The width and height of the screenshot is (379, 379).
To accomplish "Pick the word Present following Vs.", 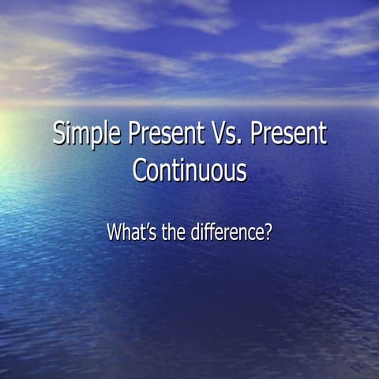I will pyautogui.click(x=288, y=134).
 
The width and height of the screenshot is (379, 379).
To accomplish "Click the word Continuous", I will pyautogui.click(x=189, y=170).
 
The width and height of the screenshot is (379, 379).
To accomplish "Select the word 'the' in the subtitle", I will pyautogui.click(x=174, y=233).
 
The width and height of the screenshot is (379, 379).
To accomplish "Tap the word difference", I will pyautogui.click(x=228, y=233).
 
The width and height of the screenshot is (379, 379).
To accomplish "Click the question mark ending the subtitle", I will pyautogui.click(x=268, y=233).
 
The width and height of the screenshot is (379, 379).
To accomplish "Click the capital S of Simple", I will pyautogui.click(x=59, y=134).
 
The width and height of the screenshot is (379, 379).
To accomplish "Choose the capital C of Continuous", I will pyautogui.click(x=140, y=170).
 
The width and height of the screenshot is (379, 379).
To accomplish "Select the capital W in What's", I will pyautogui.click(x=114, y=233).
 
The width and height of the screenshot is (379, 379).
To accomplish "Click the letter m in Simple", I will pyautogui.click(x=80, y=137).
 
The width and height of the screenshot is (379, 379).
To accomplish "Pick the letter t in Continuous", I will pyautogui.click(x=186, y=171).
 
